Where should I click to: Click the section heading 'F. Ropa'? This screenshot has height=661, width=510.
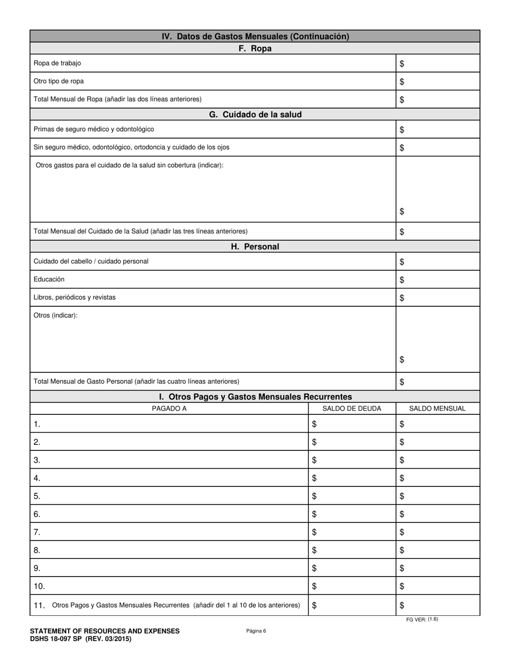(254, 48)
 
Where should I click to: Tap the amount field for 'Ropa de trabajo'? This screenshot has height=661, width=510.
(438, 63)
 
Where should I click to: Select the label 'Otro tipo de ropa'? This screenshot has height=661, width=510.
(59, 81)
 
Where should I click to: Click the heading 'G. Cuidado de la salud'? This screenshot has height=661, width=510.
(254, 114)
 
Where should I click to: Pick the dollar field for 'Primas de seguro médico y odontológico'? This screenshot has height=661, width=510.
(438, 130)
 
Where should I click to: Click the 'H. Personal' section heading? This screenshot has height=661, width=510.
(254, 247)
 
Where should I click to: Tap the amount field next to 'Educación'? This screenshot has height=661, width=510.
(438, 279)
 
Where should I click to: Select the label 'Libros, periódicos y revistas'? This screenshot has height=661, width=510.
(75, 297)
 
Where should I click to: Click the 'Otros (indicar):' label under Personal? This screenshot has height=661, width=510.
(56, 315)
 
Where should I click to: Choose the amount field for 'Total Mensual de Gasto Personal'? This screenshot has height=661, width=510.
(438, 382)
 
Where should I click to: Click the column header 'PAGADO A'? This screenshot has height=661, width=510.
(169, 408)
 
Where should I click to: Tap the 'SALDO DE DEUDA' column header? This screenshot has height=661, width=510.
(352, 408)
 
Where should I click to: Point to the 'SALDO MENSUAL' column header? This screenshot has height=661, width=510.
(437, 408)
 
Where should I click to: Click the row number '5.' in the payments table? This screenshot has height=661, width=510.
(37, 496)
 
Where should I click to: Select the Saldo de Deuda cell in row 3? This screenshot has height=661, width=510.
(352, 460)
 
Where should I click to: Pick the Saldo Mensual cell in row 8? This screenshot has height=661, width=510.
(438, 550)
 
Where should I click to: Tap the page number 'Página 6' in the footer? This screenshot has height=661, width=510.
(256, 631)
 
